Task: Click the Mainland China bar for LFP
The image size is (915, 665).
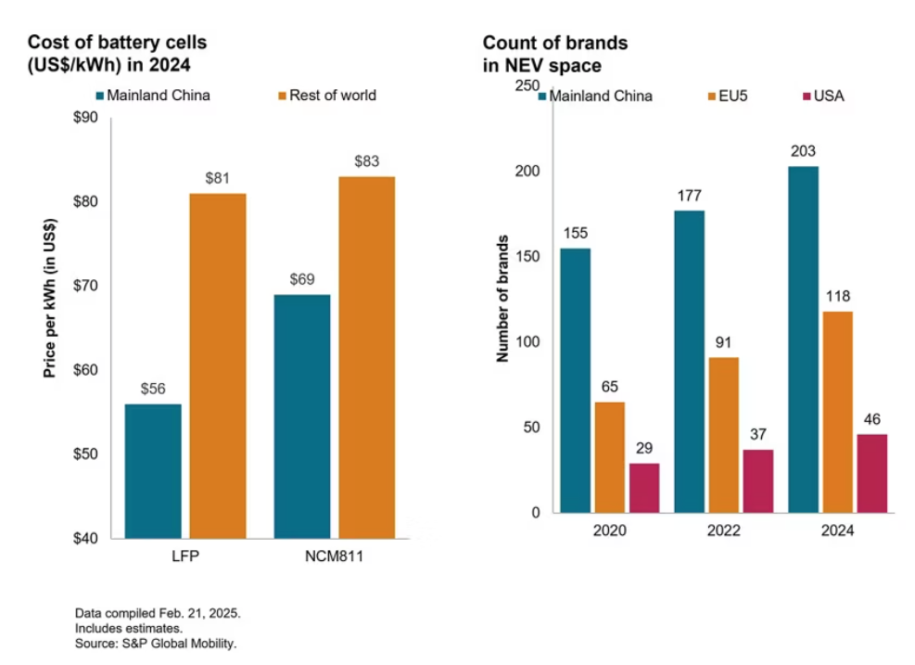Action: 153,471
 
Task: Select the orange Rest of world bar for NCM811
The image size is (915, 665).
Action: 367,357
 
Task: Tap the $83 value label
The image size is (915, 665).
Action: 367,161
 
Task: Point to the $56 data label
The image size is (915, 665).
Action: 153,389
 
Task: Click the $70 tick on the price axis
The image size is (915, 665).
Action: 85,286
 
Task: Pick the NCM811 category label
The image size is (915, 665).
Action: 335,556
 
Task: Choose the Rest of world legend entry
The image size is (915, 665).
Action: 326,96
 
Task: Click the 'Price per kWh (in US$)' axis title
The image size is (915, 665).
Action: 50,299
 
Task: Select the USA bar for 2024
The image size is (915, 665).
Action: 871,474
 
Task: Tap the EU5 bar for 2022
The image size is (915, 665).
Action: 724,436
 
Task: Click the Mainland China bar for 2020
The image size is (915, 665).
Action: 576,380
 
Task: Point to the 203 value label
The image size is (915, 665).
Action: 803,151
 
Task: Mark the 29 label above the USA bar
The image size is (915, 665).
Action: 644,448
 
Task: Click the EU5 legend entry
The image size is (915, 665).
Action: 728,96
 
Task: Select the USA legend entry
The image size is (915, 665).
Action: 824,96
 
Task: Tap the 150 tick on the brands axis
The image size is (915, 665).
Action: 527,256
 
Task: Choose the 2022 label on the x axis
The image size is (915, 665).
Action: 724,531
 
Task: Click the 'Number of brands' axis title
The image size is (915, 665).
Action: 502,299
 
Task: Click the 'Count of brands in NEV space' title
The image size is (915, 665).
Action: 555,54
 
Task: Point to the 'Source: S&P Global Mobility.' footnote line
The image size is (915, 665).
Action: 156,644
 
